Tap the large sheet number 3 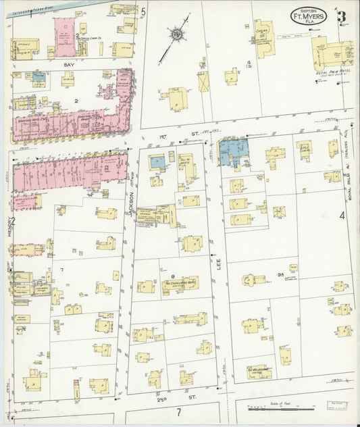click(x=344, y=16)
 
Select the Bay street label click(x=68, y=64)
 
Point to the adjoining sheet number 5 click(x=143, y=11)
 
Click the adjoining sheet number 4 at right click(x=342, y=216)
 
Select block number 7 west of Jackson click(x=61, y=270)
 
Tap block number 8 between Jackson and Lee click(x=173, y=276)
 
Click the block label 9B click(x=280, y=274)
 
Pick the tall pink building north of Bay click(x=66, y=39)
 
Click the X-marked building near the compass click(x=203, y=82)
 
